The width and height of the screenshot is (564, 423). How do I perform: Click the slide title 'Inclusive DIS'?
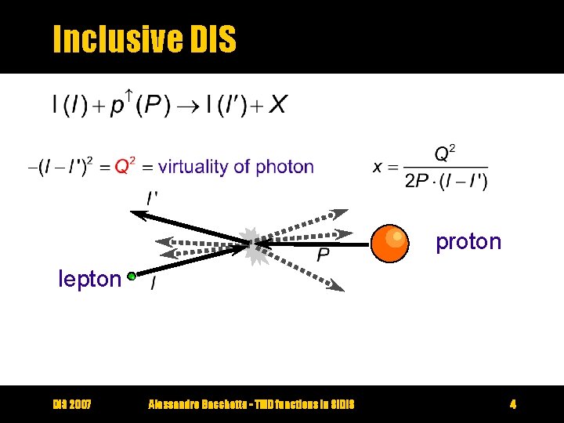click(143, 38)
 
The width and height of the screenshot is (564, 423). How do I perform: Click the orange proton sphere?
click(389, 243)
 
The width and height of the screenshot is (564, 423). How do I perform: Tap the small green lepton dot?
click(132, 277)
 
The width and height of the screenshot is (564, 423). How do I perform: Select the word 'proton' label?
click(468, 241)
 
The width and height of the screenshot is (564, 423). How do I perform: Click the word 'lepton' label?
click(89, 279)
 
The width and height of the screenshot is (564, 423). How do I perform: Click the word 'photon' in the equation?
click(284, 166)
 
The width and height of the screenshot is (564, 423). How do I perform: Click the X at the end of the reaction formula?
click(277, 105)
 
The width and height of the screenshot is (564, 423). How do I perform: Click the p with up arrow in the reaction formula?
click(120, 105)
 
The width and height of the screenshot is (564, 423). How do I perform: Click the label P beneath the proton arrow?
click(323, 255)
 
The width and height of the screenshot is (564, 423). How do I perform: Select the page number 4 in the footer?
click(512, 404)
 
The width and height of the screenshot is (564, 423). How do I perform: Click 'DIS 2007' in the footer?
click(72, 404)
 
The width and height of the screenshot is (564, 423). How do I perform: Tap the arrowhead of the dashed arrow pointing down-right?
click(337, 287)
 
